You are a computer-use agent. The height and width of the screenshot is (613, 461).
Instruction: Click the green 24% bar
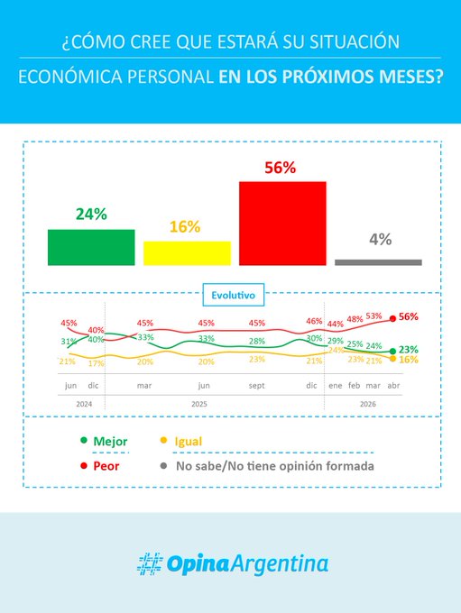pos(91,247)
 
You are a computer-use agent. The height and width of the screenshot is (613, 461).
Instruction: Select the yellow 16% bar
pos(187,252)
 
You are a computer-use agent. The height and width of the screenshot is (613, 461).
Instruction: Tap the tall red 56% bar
pos(282,223)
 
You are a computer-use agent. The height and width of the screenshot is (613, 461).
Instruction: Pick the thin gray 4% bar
pos(378,262)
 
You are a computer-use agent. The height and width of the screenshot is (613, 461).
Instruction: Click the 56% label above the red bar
pos(281,168)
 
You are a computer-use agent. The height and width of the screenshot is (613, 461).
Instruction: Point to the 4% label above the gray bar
pos(380,239)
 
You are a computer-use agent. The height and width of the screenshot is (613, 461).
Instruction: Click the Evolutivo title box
pos(233,294)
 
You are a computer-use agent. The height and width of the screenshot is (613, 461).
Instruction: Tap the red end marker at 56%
pos(392,317)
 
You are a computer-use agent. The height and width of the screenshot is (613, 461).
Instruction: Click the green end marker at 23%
pos(392,351)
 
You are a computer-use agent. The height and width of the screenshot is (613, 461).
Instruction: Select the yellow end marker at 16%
pos(392,359)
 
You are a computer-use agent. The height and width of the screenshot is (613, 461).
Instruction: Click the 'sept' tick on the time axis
pos(256,385)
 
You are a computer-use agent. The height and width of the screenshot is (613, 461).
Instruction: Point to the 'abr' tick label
pos(392,385)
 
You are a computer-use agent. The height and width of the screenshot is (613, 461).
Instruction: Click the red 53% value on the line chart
pos(373,316)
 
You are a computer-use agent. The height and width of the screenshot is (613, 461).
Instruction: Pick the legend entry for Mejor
pos(106,442)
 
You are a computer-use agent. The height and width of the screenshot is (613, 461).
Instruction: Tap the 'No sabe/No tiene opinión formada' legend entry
pos(266,466)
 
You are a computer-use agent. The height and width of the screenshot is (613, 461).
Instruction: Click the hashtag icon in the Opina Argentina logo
pos(149,563)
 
